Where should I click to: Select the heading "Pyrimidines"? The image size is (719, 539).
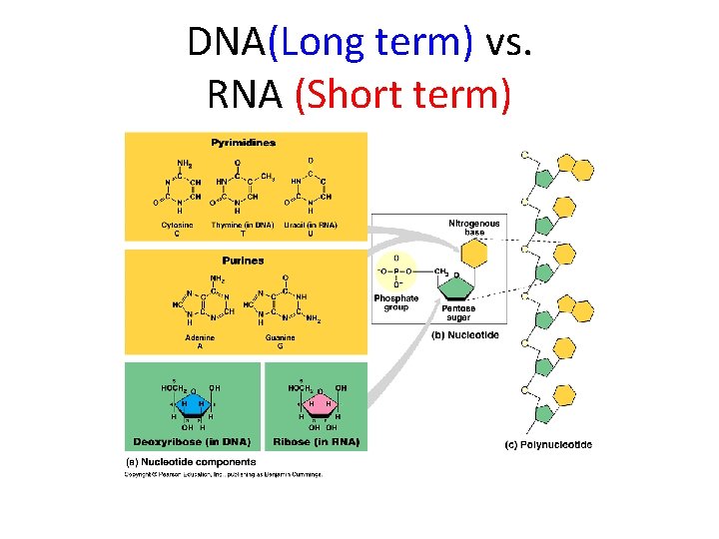coord(244,143)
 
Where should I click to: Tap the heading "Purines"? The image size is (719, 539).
coord(244,261)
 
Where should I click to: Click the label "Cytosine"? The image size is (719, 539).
coord(177,225)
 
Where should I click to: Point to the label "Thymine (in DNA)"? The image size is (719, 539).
coord(243,225)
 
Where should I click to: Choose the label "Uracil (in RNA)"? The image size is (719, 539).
coord(311,225)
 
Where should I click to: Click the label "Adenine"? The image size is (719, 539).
coord(200,338)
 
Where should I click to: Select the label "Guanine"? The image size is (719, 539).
coord(280,338)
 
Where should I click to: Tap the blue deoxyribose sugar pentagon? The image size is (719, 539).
coord(189,404)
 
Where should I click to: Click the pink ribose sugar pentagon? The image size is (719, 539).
coord(320,404)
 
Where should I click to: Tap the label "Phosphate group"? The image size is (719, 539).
coord(397,302)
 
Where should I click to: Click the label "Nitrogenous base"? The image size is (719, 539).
coord(473,227)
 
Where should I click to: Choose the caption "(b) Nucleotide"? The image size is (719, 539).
coord(464,335)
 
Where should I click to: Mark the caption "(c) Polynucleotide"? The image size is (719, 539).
coord(547,444)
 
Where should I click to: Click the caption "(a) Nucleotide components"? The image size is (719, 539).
coord(190,461)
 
